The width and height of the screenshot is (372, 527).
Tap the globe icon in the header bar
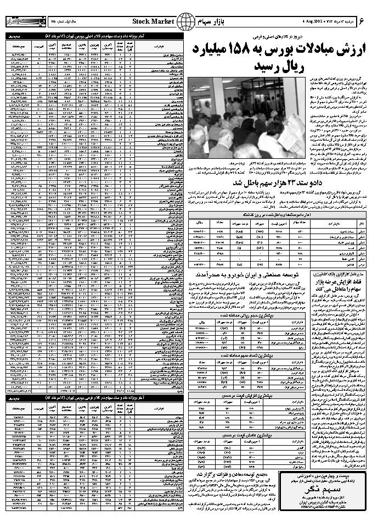click(x=188, y=22)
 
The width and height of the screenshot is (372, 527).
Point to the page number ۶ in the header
click(x=362, y=21)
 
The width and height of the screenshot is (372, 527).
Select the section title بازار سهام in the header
click(x=216, y=22)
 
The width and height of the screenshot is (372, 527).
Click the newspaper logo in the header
click(x=20, y=22)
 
